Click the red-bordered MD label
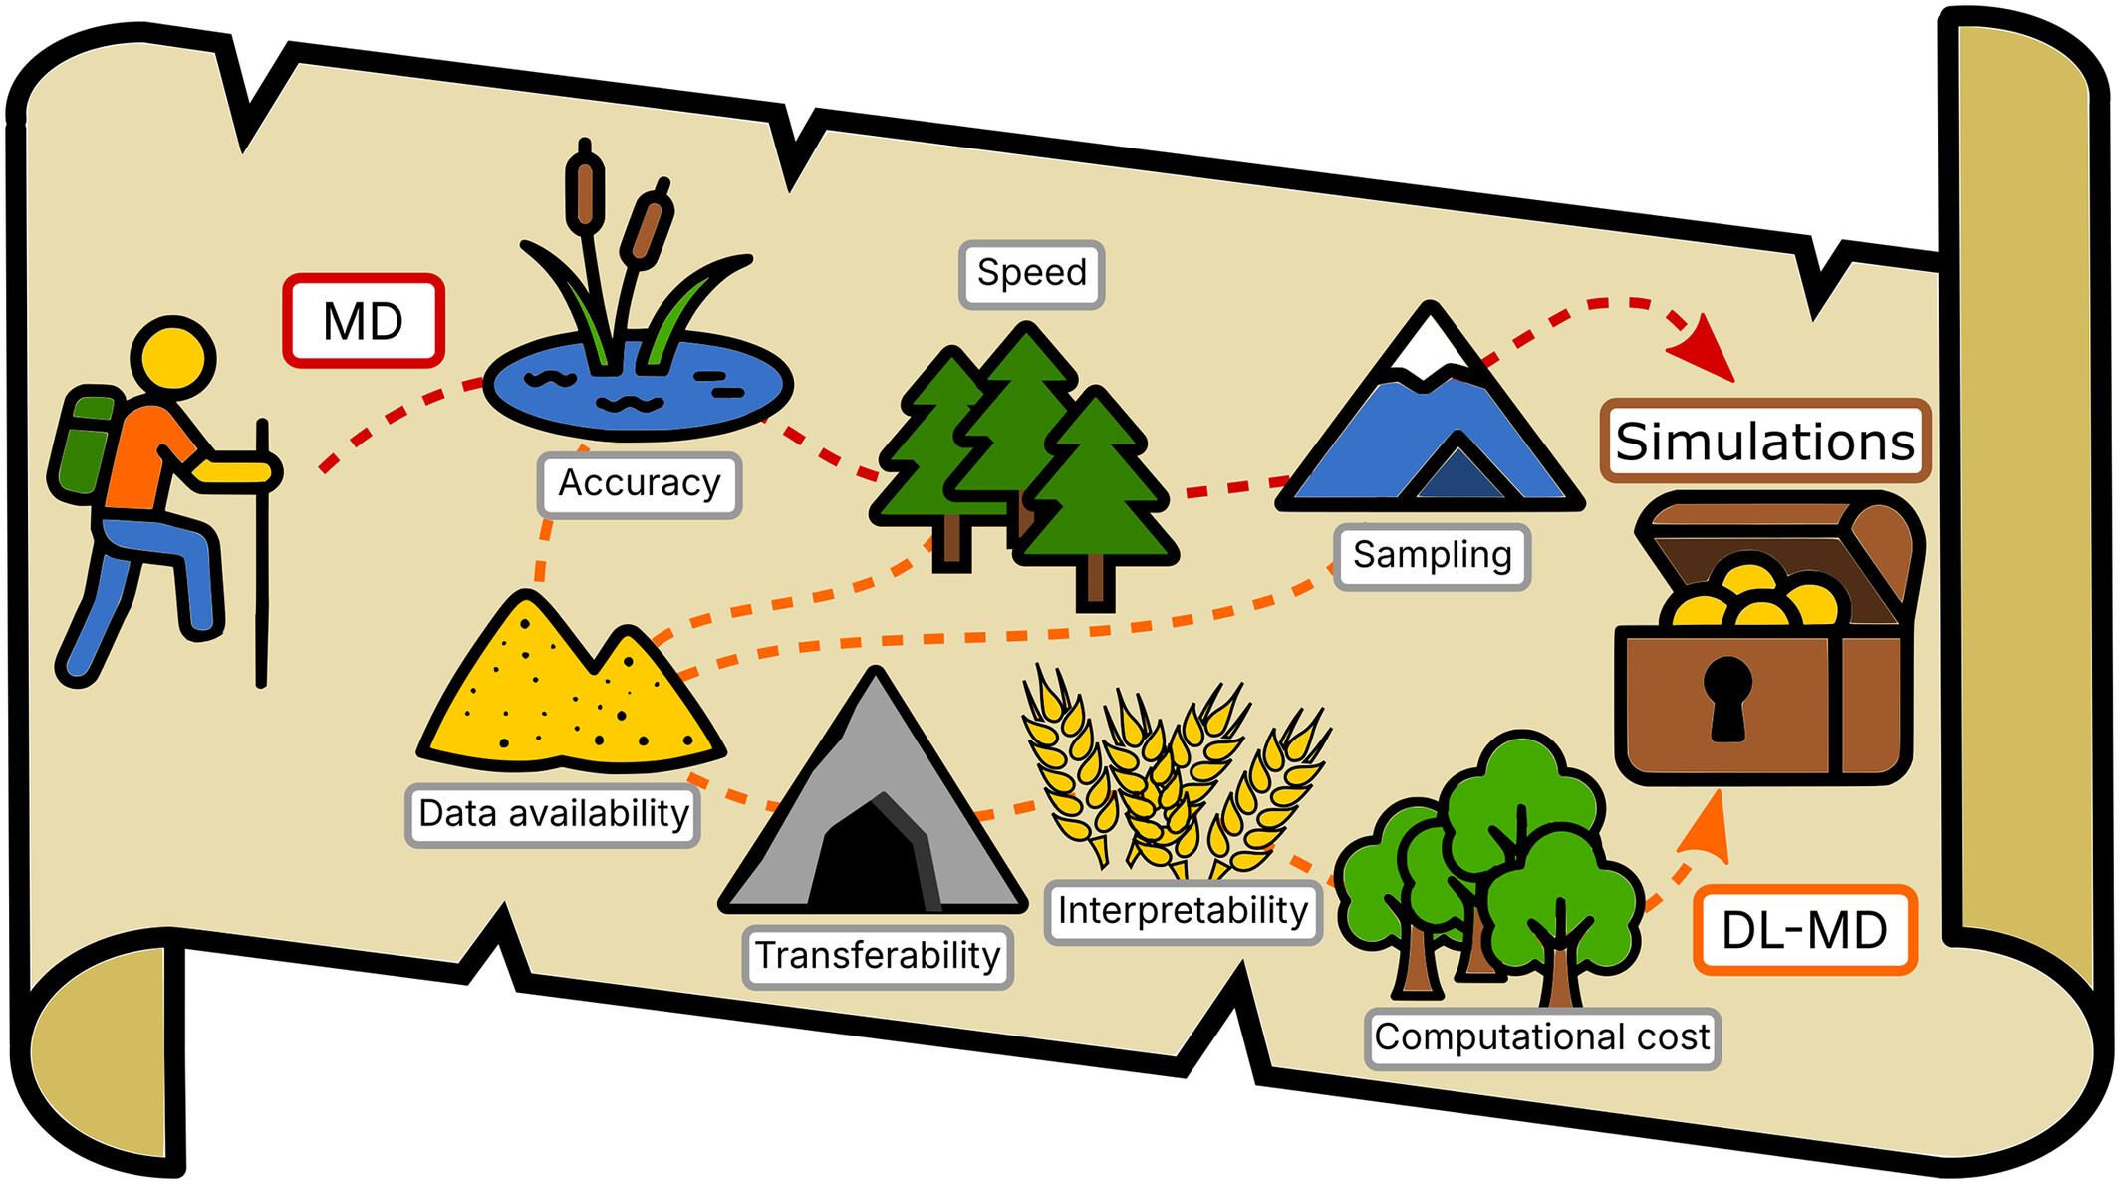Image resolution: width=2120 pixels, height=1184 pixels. [x=364, y=321]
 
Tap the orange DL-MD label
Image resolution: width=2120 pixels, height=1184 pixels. [x=1804, y=930]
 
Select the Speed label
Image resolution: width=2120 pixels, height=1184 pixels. [x=1032, y=273]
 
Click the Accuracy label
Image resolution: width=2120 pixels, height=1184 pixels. [x=640, y=484]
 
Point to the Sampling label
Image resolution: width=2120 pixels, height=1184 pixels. [x=1432, y=556]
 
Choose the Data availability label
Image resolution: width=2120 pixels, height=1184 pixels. [x=553, y=814]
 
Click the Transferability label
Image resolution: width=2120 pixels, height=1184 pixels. [x=878, y=956]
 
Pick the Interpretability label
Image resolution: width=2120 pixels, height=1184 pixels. [x=1183, y=911]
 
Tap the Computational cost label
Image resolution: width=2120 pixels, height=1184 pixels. [x=1542, y=1037]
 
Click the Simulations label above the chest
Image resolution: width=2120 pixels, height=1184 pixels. [x=1765, y=442]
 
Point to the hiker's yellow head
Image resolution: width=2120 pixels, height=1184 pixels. [x=173, y=359]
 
